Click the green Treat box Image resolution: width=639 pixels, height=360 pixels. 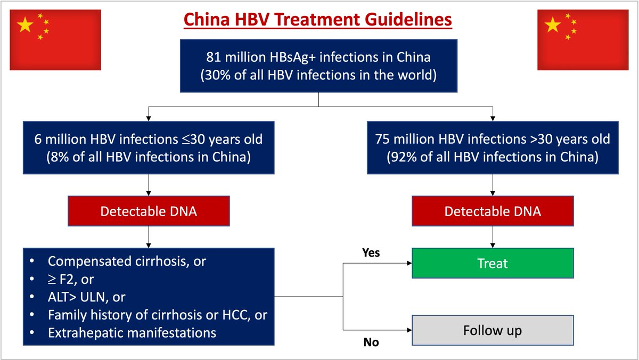coord(493,263)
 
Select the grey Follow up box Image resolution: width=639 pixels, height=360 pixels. coord(493,330)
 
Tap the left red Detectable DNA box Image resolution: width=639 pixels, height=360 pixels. coord(149,211)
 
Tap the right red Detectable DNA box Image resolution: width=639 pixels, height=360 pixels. coord(493,211)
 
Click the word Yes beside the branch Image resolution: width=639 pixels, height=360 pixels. coord(371,252)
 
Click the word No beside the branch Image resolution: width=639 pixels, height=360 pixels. coord(371,342)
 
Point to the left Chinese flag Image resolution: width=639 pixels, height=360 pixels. coord(55,39)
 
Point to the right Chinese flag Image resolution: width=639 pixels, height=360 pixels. coord(583,39)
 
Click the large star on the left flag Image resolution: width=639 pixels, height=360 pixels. coord(25,25)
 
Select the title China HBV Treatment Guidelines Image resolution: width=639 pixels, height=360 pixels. coord(318,20)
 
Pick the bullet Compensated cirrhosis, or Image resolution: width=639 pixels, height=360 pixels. coord(127,261)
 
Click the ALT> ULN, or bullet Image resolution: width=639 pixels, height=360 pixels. coord(87,297)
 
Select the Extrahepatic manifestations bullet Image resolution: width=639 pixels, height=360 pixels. coord(132,332)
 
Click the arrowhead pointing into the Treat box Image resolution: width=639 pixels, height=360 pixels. coord(408,263)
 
